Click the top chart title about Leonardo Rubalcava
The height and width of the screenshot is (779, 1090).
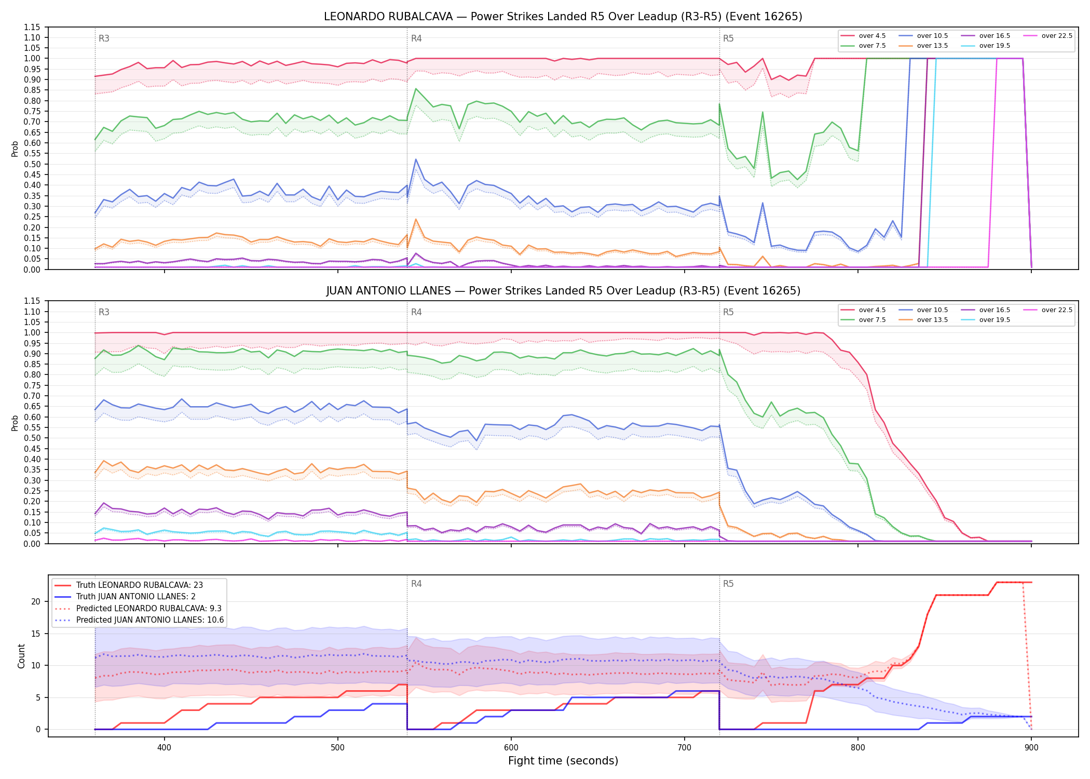click(x=563, y=17)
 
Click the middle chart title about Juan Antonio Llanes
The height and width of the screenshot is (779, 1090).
click(x=563, y=291)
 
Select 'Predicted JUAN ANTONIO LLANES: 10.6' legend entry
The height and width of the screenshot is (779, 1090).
click(x=139, y=620)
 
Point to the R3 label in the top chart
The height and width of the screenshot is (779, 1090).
click(x=104, y=38)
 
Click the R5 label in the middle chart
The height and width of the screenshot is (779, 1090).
click(x=728, y=312)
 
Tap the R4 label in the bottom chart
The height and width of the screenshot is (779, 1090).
click(x=416, y=584)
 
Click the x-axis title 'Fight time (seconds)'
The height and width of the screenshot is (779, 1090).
click(x=563, y=761)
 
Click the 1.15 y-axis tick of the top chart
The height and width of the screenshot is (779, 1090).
click(x=32, y=27)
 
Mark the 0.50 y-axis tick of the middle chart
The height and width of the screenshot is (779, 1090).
click(x=32, y=438)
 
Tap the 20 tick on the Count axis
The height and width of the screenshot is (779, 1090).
click(x=36, y=601)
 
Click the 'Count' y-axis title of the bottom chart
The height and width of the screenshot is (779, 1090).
click(x=21, y=656)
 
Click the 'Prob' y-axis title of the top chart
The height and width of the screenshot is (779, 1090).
click(x=15, y=149)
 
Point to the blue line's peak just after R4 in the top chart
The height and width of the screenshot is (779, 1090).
click(x=416, y=159)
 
